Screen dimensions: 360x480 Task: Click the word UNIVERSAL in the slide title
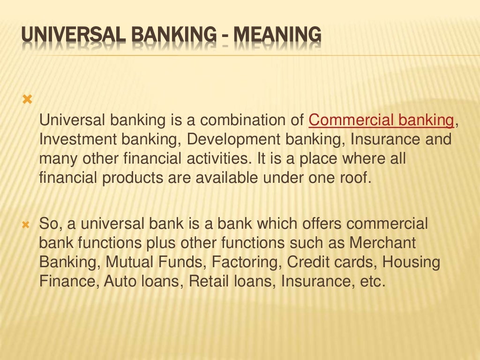tap(62, 36)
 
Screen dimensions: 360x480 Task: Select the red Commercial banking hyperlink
tap(381, 120)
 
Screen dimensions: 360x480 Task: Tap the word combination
tap(242, 120)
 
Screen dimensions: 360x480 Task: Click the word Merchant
tap(383, 243)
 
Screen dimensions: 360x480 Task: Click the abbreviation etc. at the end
tap(372, 282)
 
